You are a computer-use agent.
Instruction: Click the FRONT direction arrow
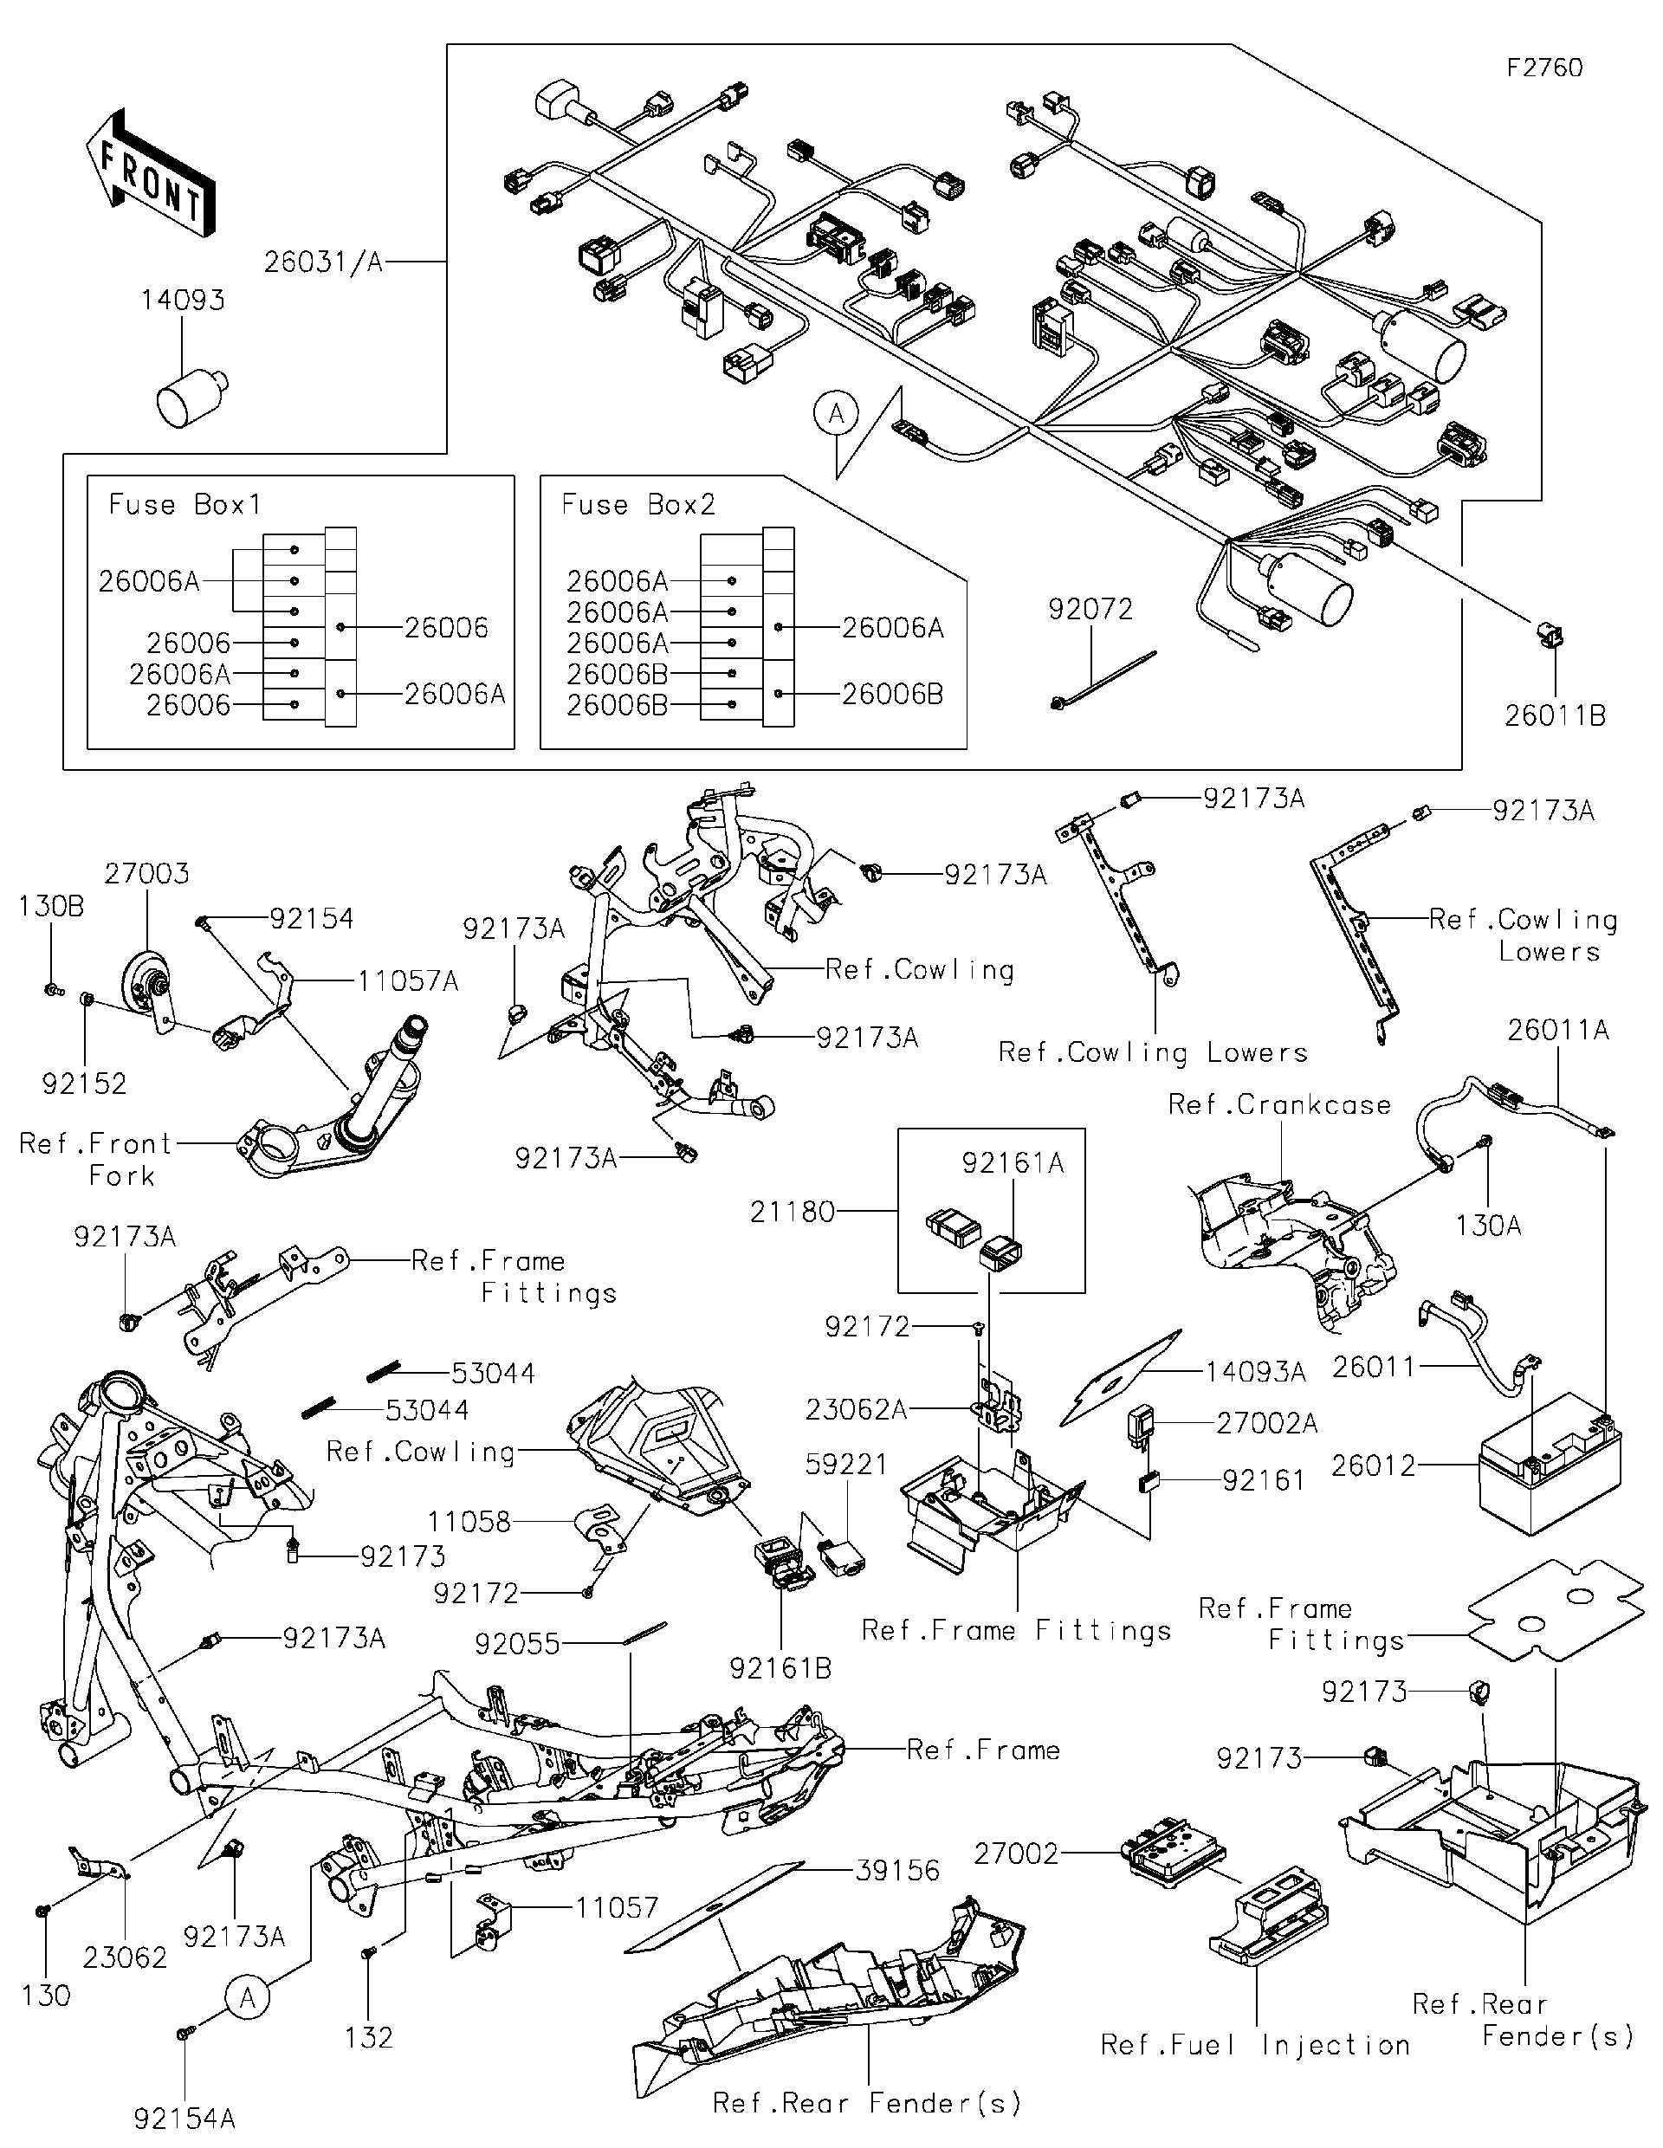(x=148, y=174)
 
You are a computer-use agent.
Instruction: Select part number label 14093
(x=183, y=300)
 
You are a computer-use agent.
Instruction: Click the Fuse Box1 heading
(x=184, y=505)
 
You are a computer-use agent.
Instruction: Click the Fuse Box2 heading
(x=638, y=505)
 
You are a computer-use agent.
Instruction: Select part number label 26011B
(x=1555, y=716)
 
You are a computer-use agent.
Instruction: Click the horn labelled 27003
(x=147, y=984)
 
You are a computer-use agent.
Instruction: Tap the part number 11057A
(x=407, y=981)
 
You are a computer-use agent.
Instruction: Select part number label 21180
(x=792, y=1212)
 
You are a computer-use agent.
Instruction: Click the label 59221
(x=845, y=1465)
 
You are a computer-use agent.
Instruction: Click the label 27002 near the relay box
(x=1016, y=1854)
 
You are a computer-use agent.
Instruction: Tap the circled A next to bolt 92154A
(x=248, y=1997)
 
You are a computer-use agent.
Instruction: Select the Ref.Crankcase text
(x=1278, y=1104)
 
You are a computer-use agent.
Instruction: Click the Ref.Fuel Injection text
(x=1255, y=2045)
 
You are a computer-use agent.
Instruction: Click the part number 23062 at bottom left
(x=125, y=1957)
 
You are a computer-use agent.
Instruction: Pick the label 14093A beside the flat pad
(x=1255, y=1373)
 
